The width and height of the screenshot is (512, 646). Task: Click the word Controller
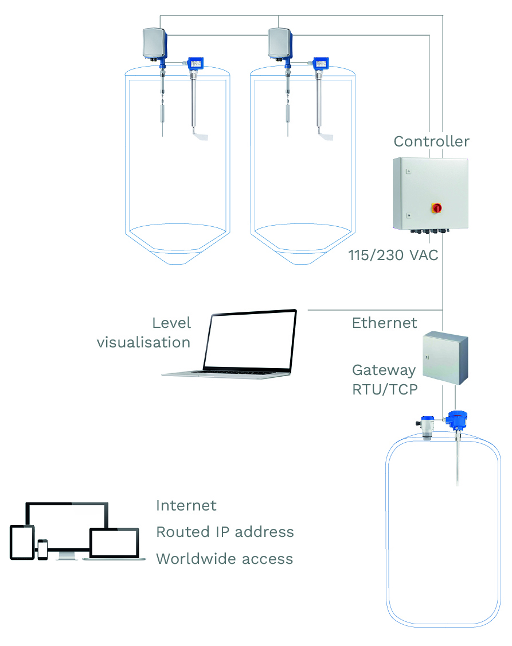(x=431, y=141)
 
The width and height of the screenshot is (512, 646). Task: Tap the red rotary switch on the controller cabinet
(x=437, y=207)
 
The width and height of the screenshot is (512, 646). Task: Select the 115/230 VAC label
(x=393, y=255)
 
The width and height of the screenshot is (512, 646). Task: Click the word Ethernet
(x=385, y=323)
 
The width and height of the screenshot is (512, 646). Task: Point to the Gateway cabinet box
(x=445, y=358)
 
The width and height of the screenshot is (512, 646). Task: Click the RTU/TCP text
(x=385, y=389)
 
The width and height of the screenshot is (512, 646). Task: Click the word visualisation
(x=143, y=343)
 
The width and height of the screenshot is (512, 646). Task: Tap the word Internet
(x=186, y=506)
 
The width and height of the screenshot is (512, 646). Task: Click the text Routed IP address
(x=225, y=532)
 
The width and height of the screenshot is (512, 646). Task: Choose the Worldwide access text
(x=224, y=559)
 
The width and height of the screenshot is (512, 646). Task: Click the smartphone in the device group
(x=42, y=549)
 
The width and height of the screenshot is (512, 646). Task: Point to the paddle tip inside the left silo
(x=201, y=136)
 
